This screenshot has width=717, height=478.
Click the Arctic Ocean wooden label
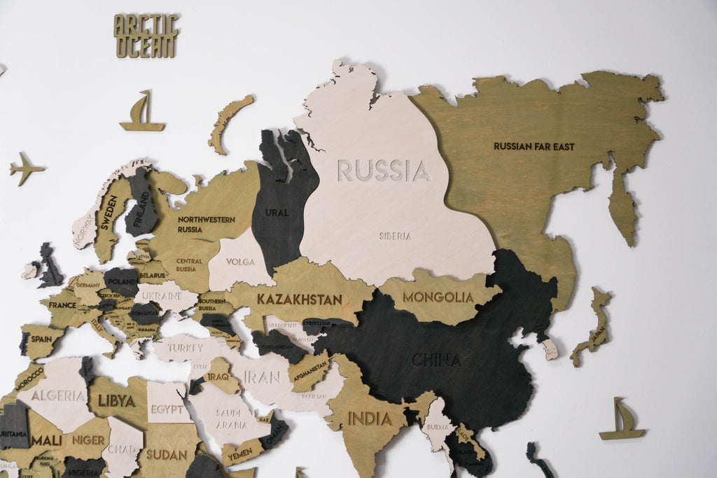(x=146, y=36)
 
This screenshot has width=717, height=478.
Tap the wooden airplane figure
(x=27, y=169)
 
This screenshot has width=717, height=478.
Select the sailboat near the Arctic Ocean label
(x=142, y=113)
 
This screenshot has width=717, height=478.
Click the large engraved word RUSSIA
(x=384, y=171)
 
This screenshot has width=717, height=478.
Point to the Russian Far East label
(x=534, y=146)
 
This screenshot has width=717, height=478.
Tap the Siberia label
(x=396, y=236)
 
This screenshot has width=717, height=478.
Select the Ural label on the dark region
(x=277, y=212)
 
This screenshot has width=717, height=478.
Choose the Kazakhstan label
(x=299, y=300)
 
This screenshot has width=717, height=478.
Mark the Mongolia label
(x=438, y=297)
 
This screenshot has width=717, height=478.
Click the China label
(x=436, y=360)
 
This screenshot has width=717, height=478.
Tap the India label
(x=369, y=419)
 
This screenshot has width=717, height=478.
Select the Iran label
(x=263, y=377)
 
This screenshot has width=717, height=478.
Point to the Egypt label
(x=167, y=409)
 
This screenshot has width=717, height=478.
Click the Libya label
(x=116, y=401)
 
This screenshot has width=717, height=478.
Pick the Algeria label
(x=58, y=395)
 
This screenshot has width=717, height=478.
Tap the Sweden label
(x=109, y=213)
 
